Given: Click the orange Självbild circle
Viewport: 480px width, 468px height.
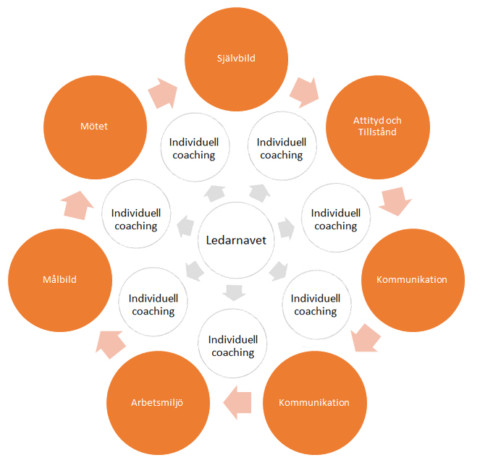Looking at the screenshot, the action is coord(236,59).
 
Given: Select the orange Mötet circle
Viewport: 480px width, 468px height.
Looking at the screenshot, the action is coord(96,127).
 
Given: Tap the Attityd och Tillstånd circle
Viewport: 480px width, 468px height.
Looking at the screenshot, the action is coord(378,127).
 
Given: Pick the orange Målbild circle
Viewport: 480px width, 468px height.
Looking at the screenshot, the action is coord(60,280).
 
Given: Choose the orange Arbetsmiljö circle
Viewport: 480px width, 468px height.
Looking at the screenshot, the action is coord(158,403).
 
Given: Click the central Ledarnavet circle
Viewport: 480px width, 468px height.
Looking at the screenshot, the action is coord(236,240).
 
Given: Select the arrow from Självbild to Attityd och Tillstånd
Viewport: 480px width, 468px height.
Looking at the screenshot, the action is coord(305,93).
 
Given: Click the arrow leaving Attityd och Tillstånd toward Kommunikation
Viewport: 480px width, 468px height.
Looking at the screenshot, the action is coord(395,201).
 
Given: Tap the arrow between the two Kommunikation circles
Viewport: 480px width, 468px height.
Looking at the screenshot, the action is coord(366,338).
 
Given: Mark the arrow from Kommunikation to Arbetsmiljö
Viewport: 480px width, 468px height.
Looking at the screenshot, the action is coord(237,403).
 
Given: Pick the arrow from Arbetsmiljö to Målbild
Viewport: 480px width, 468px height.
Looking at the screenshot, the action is coord(111,344).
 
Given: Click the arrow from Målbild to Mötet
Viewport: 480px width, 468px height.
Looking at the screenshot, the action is coord(77,205).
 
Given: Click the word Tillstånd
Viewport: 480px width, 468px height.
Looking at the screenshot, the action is coord(377,132).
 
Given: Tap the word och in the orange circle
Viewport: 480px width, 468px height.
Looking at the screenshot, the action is coord(394,121).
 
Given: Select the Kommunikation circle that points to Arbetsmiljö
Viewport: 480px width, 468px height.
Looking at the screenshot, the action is coord(315,403).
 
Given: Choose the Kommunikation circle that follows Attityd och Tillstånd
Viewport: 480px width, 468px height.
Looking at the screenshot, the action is coord(413,280).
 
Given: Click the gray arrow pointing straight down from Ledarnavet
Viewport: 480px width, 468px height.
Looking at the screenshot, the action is coord(234,293).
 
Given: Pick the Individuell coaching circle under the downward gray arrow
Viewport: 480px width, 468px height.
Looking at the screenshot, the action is coord(232,344).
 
